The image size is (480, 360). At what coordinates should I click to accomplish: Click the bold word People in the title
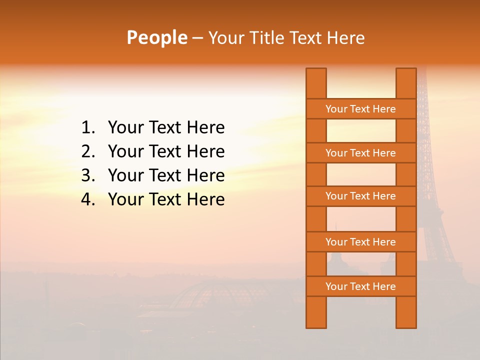coord(156,37)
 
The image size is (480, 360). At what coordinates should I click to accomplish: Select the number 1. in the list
coord(88,128)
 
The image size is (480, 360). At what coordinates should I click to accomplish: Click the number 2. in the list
coord(88,151)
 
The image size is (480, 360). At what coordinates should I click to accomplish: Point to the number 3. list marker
coord(88,175)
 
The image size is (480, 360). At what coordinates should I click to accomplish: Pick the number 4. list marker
coord(88,199)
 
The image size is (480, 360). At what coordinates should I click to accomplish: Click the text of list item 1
coord(166,128)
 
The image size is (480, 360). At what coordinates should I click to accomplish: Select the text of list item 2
coord(166,151)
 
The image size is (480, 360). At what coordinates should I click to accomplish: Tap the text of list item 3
coord(166,175)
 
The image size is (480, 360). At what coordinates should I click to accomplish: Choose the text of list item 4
coord(166,199)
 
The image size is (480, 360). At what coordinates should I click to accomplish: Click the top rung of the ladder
coord(360,109)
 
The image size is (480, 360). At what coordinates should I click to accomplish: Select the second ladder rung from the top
coord(360,153)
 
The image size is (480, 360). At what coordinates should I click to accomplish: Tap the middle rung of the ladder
coord(360,196)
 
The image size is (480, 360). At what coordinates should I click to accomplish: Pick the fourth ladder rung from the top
coord(360,242)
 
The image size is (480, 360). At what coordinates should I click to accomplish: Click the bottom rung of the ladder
coord(360,286)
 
